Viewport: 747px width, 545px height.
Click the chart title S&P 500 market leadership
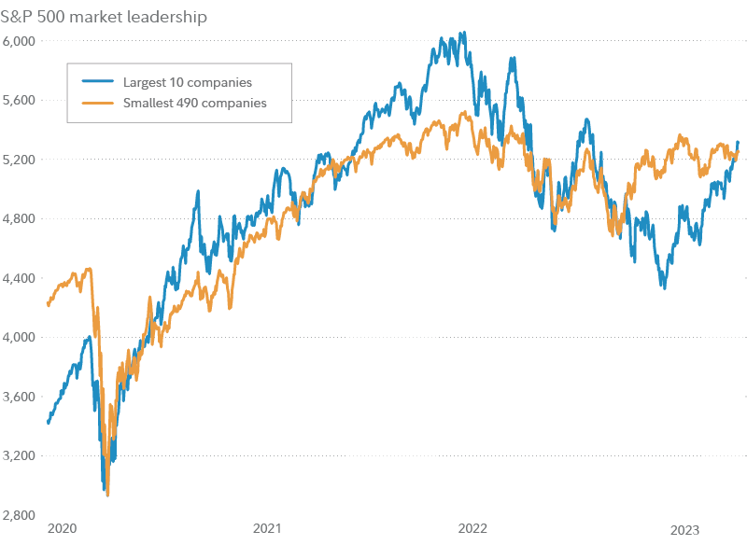[x=105, y=17]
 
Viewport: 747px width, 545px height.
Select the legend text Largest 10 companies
[x=188, y=82]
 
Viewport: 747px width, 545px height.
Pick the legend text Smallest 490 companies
[x=195, y=103]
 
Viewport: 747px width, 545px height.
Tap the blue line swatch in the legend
[x=97, y=82]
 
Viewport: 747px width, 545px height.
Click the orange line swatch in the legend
[x=97, y=103]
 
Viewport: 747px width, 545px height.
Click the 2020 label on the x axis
[x=61, y=529]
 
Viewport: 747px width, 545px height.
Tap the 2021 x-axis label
[x=267, y=529]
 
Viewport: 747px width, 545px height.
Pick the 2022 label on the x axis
[x=472, y=529]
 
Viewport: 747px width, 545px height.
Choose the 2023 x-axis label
[x=684, y=529]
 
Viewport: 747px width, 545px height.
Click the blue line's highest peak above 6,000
[x=464, y=33]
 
